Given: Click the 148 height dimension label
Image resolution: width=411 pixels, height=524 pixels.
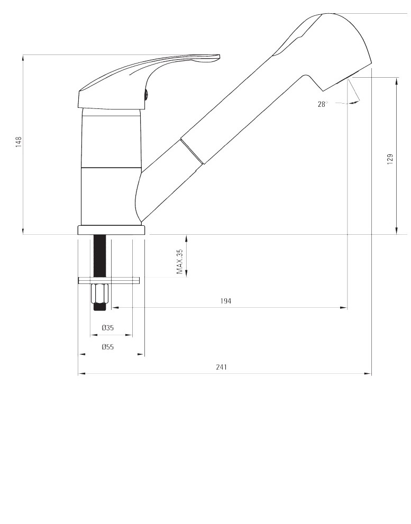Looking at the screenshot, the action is click(x=19, y=142).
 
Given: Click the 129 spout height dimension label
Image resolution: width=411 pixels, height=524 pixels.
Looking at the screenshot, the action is click(x=390, y=159).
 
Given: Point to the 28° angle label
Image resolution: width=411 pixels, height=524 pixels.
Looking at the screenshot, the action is click(x=322, y=104).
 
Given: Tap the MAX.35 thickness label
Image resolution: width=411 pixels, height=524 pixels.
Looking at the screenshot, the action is click(x=180, y=262).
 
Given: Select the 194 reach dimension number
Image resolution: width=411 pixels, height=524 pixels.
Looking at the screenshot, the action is click(x=226, y=301).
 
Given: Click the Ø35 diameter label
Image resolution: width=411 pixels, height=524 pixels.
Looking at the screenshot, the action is click(x=108, y=328).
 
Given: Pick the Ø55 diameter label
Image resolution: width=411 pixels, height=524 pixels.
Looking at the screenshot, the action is click(x=108, y=347).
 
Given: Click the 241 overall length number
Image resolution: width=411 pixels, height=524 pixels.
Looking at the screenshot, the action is click(x=222, y=367).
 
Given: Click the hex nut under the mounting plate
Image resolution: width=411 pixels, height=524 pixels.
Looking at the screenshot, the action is click(x=99, y=293).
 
